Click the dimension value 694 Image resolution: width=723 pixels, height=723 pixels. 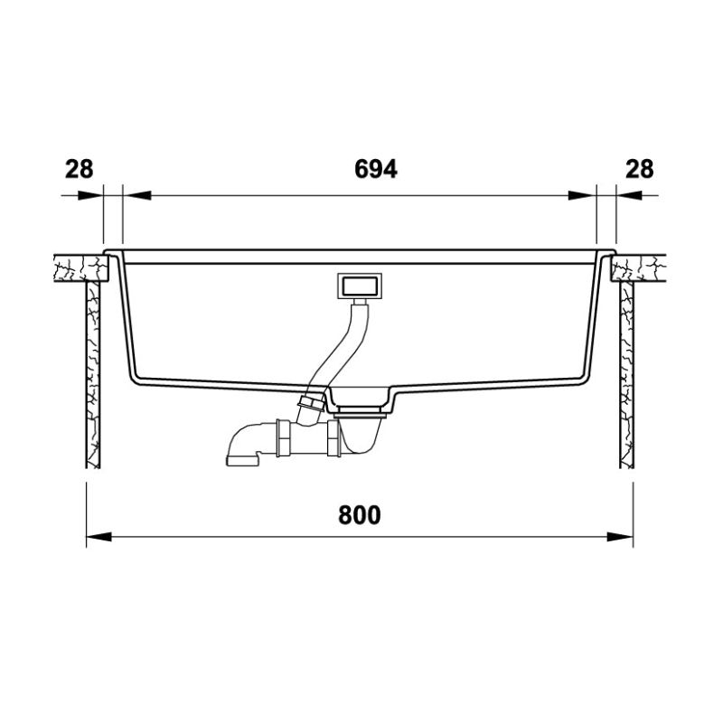(x=375, y=169)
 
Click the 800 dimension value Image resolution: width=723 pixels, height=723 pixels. (x=359, y=515)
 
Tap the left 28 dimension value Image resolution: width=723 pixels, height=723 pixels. (x=79, y=169)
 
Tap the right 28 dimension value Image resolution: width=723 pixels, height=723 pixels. (x=640, y=169)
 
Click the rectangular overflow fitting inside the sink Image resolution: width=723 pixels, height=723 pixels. (x=360, y=286)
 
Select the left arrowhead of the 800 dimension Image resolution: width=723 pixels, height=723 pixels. (x=99, y=537)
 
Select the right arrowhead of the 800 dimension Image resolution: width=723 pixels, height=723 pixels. (x=620, y=537)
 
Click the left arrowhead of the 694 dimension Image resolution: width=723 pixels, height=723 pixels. (x=137, y=195)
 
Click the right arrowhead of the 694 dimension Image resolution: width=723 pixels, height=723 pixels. (x=582, y=195)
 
